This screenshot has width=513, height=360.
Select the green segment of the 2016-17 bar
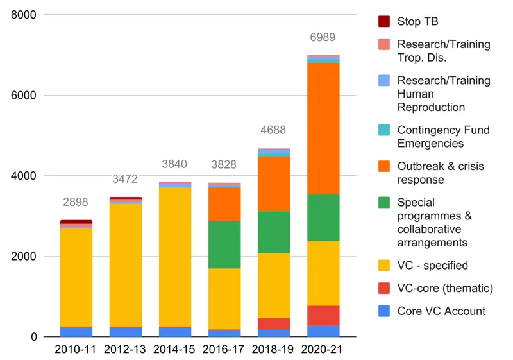pos(224,244)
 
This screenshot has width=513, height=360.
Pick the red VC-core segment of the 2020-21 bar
pos(323,316)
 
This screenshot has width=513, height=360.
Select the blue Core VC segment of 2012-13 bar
pos(126,332)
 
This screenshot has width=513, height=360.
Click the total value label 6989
pos(323,38)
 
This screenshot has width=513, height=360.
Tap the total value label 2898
pos(76,202)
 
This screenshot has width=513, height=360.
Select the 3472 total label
pos(125,179)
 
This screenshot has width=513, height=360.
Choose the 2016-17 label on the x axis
pos(224,350)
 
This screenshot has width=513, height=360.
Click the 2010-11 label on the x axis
pos(76,350)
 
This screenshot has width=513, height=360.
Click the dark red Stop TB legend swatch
pos(383,22)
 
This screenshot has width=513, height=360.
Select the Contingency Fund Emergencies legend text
pos(443,137)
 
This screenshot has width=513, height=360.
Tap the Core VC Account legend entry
pos(441,311)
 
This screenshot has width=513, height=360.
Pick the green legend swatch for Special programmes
pos(383,203)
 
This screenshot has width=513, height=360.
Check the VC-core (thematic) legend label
pos(445,288)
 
